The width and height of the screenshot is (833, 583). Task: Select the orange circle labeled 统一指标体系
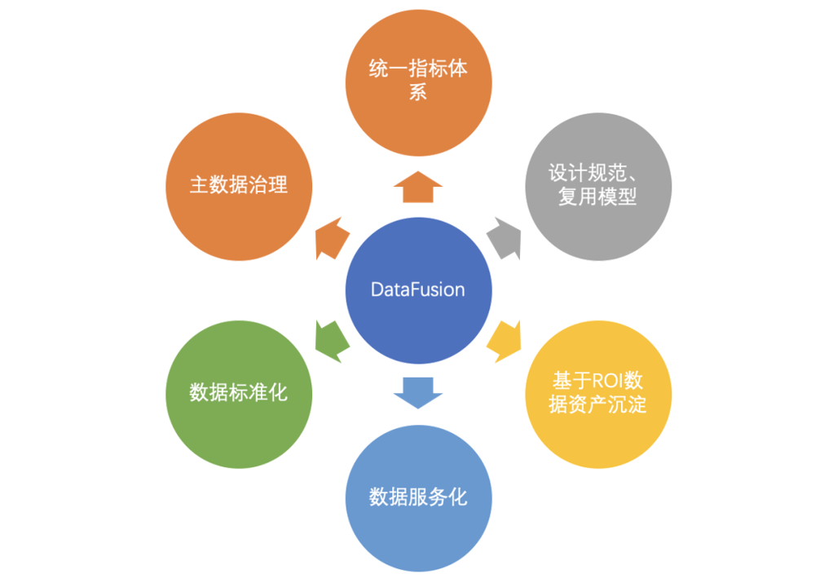(418, 82)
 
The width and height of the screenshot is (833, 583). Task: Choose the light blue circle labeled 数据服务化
(418, 497)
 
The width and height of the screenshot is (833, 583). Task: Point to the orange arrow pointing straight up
(418, 188)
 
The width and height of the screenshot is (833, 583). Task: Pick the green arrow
(331, 341)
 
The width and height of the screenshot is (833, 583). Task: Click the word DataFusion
(418, 290)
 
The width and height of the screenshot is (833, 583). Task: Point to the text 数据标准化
(238, 392)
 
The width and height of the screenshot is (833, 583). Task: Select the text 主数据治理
(238, 185)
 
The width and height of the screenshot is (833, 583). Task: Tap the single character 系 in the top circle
(418, 92)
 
